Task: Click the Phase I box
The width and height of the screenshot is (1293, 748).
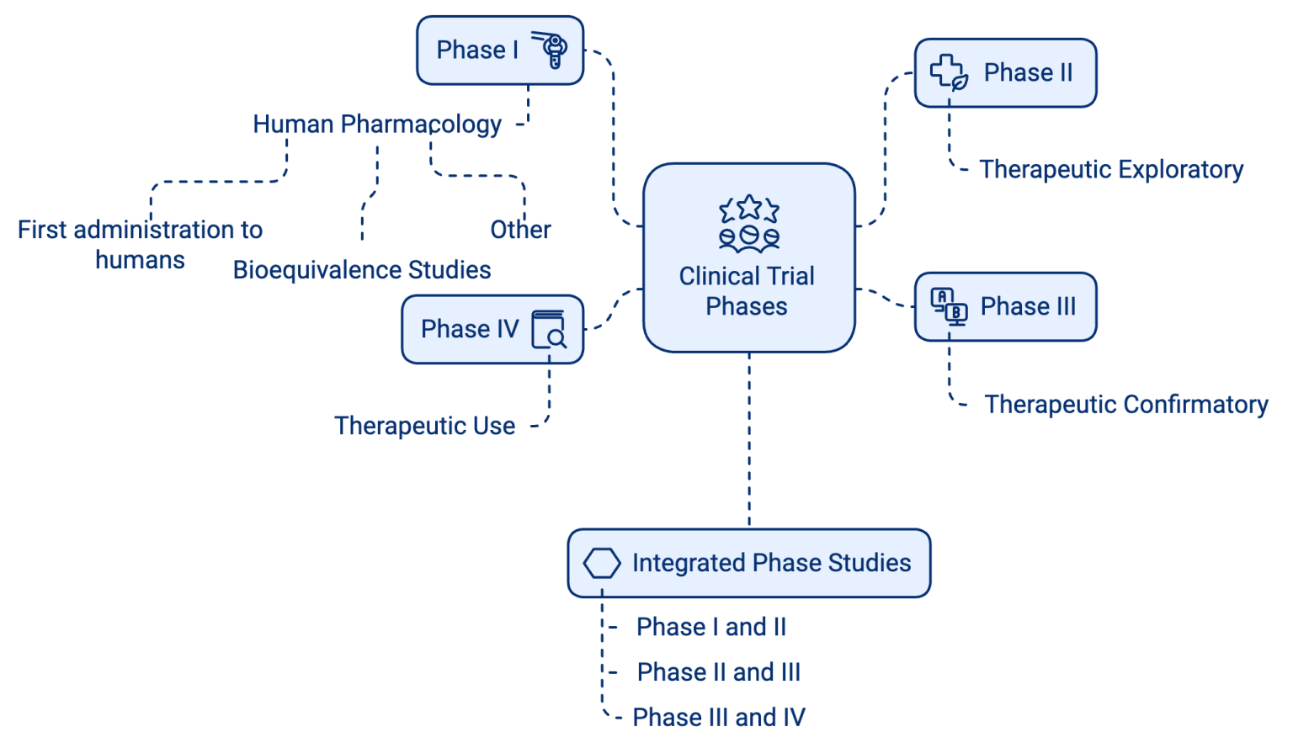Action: (499, 50)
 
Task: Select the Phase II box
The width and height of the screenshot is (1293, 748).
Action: (1005, 73)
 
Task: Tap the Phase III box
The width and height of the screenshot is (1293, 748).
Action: (1005, 307)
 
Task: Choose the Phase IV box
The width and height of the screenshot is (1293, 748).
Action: (492, 329)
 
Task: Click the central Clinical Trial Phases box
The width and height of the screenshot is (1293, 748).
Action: (748, 257)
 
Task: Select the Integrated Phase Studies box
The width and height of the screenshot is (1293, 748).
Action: (748, 563)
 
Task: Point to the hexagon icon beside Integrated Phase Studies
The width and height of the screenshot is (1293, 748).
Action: (602, 563)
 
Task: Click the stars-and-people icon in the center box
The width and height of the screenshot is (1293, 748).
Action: (748, 224)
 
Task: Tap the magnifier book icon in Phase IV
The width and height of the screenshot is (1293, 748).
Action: (549, 329)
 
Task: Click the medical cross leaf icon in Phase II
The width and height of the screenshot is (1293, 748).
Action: (949, 72)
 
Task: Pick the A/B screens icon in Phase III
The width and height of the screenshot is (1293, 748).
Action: (949, 306)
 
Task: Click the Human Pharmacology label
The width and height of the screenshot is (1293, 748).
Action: (377, 125)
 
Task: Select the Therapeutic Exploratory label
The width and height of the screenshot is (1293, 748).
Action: (1111, 170)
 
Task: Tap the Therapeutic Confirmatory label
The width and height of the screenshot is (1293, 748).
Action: (1125, 405)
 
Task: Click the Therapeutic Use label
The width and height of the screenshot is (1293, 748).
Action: (424, 426)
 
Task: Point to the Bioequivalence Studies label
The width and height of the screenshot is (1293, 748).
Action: (362, 270)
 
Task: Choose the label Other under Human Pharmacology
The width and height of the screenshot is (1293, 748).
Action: (520, 230)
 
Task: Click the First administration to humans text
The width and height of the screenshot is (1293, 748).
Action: (140, 244)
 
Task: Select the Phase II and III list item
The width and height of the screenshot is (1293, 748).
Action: (718, 672)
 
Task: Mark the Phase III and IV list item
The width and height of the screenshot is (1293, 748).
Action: (719, 717)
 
